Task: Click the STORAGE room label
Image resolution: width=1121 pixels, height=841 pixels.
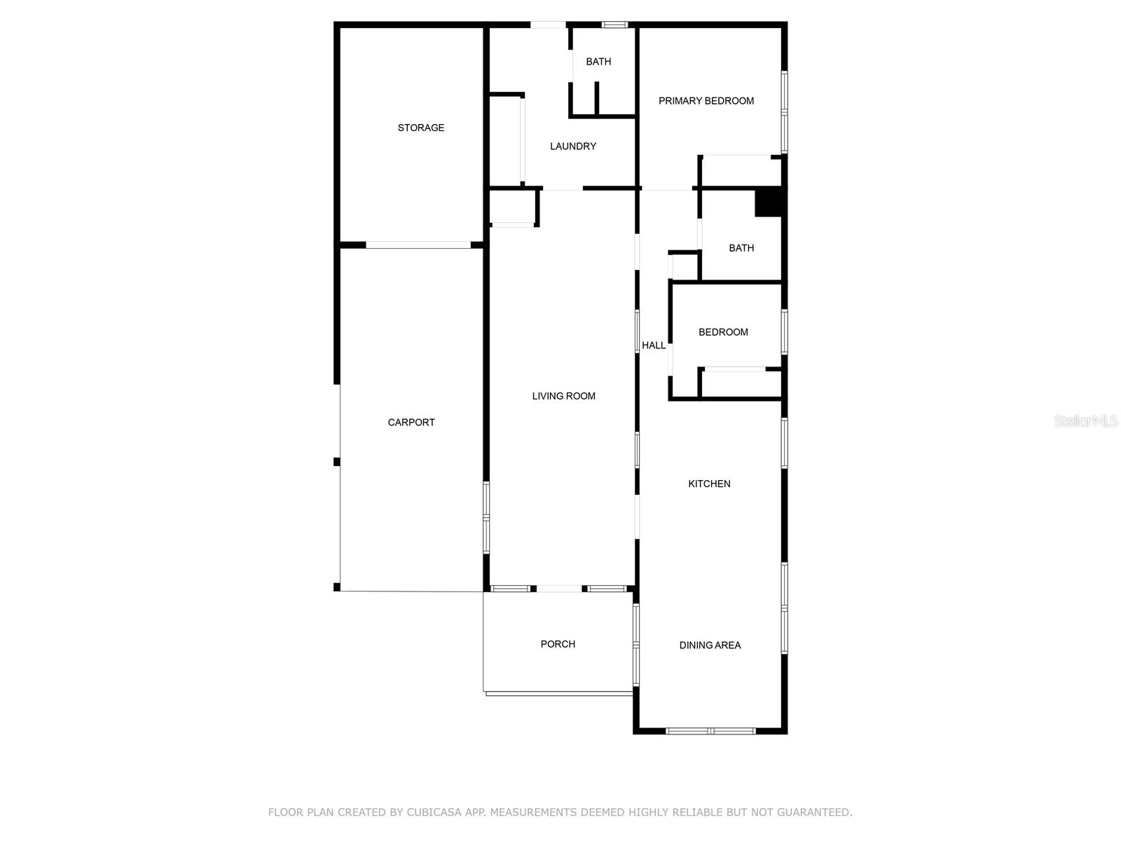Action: pyautogui.click(x=420, y=128)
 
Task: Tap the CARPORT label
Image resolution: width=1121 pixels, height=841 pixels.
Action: pyautogui.click(x=411, y=422)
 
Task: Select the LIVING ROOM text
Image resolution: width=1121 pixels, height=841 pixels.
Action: pyautogui.click(x=563, y=396)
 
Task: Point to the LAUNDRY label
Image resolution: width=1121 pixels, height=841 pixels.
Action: pyautogui.click(x=572, y=146)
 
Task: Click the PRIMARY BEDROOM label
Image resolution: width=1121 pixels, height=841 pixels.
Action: pyautogui.click(x=706, y=101)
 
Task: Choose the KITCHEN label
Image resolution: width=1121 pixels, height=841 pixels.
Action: pyautogui.click(x=709, y=484)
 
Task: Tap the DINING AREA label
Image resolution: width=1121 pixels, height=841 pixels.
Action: pyautogui.click(x=710, y=645)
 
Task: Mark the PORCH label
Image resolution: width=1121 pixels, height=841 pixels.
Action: pyautogui.click(x=558, y=644)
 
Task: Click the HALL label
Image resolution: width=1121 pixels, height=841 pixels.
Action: pyautogui.click(x=654, y=346)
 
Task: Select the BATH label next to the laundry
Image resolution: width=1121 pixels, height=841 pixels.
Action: pyautogui.click(x=598, y=62)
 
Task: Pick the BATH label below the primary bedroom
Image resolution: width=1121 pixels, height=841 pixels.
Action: pyautogui.click(x=741, y=248)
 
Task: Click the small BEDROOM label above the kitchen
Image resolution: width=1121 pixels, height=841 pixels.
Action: pyautogui.click(x=723, y=332)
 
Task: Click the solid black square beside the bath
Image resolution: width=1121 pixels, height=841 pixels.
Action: pyautogui.click(x=768, y=203)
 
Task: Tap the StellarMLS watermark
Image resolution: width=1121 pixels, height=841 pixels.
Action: pyautogui.click(x=1085, y=420)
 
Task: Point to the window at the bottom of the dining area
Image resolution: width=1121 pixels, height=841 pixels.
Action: pyautogui.click(x=710, y=731)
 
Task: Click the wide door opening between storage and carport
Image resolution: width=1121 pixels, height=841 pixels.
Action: pyautogui.click(x=418, y=245)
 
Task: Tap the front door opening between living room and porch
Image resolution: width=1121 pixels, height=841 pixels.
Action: pyautogui.click(x=559, y=589)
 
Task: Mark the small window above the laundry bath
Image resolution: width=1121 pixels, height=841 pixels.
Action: pyautogui.click(x=614, y=25)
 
